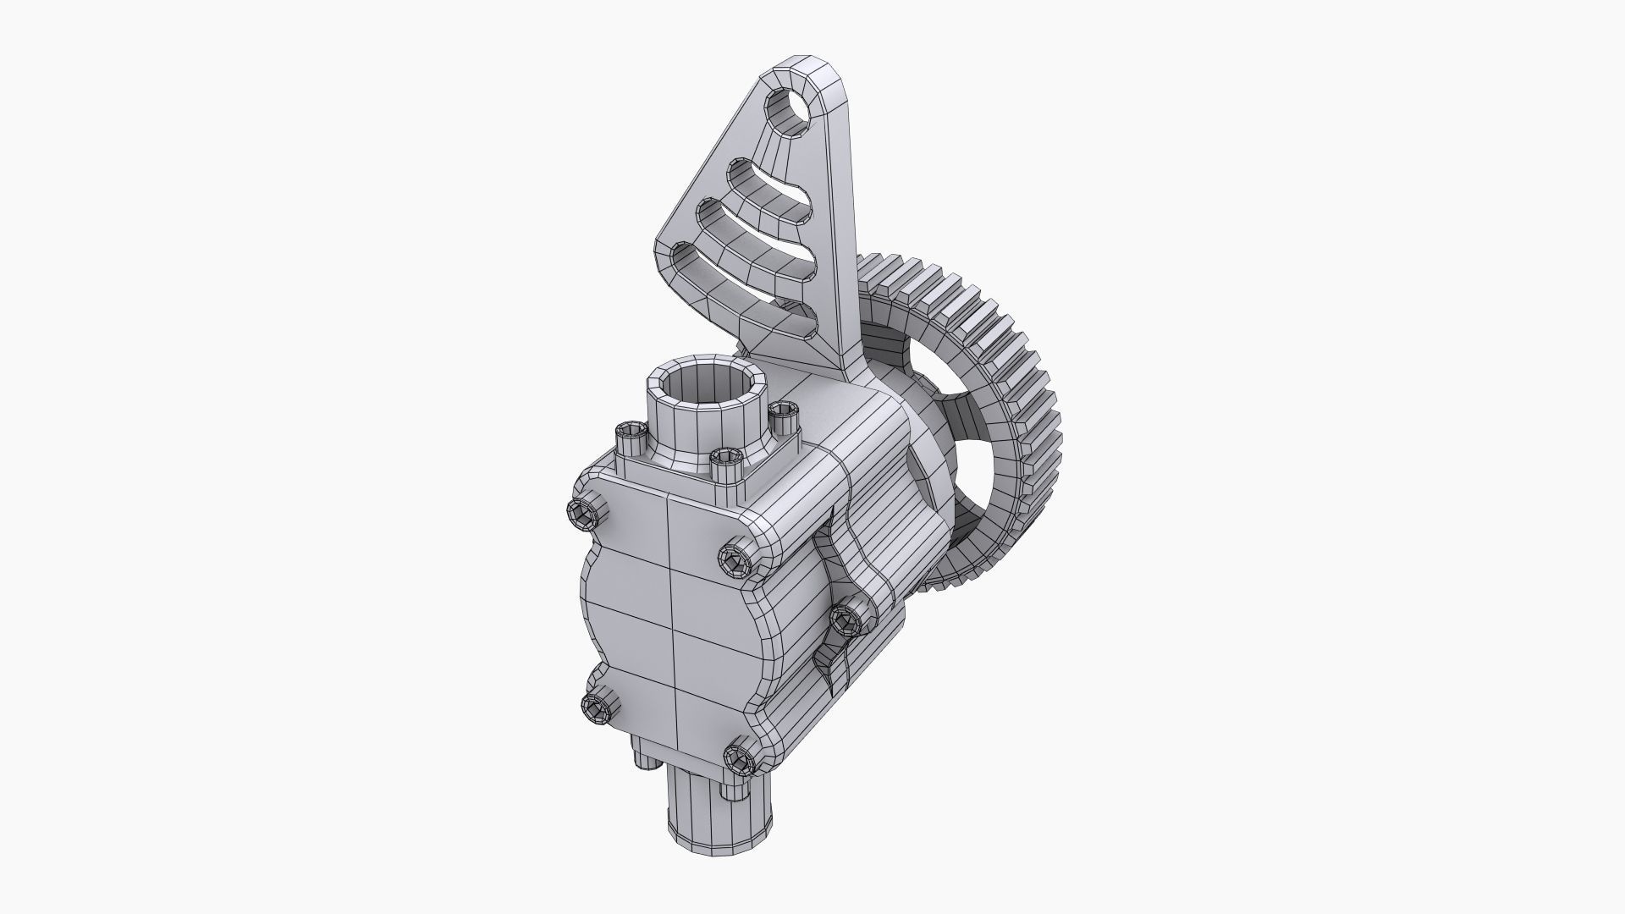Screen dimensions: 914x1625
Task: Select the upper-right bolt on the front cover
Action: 734,559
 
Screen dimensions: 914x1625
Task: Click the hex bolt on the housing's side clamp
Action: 846,621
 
